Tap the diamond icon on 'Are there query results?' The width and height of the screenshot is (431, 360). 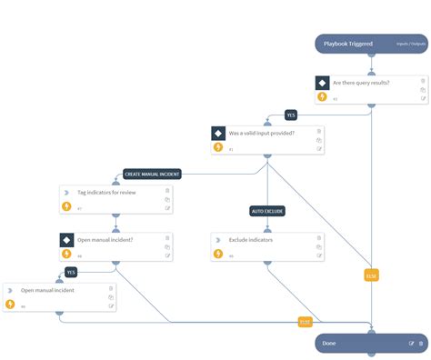pos(322,83)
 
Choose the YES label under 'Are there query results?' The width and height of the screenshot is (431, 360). pos(291,115)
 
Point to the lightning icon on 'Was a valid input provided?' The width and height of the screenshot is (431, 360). pos(218,147)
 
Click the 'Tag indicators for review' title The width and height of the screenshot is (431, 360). pos(107,192)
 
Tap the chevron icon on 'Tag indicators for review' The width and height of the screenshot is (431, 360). pos(65,192)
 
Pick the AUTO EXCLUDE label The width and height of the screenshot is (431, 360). pos(267,211)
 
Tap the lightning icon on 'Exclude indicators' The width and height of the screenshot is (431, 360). pos(218,255)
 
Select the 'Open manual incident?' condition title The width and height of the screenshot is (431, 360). pos(107,240)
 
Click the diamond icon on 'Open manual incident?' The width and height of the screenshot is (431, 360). pos(66,240)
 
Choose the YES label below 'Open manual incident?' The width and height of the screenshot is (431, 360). pos(71,271)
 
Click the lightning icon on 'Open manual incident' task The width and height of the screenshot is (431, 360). pos(10,304)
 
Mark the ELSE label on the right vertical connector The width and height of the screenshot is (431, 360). pos(370,275)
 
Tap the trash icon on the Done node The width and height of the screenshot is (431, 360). pos(421,344)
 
